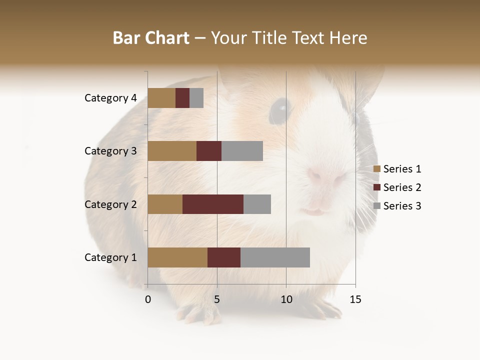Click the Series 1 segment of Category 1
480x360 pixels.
click(177, 257)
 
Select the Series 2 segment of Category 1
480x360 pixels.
click(224, 257)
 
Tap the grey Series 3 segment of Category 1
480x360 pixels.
click(275, 257)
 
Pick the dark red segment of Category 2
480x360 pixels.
click(213, 204)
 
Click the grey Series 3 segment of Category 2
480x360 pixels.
click(257, 204)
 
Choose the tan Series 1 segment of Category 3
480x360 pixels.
click(172, 151)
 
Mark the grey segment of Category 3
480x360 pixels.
click(242, 151)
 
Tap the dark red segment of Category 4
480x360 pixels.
click(182, 98)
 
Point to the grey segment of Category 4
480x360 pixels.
click(196, 98)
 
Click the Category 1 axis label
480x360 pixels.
click(110, 257)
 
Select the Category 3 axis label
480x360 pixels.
click(110, 151)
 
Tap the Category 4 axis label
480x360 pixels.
click(110, 98)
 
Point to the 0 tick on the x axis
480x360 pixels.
click(148, 299)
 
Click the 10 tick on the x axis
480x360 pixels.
click(286, 299)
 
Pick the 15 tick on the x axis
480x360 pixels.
click(355, 299)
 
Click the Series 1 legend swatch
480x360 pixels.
click(377, 169)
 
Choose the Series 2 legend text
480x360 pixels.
click(402, 187)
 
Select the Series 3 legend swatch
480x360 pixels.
click(377, 206)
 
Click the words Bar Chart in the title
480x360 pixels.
click(151, 38)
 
